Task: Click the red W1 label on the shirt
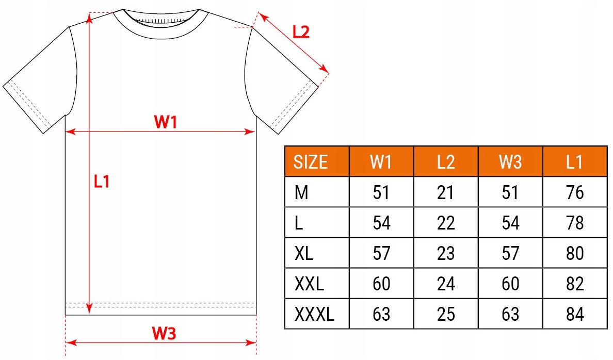166,122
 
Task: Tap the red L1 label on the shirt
102,182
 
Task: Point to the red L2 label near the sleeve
301,32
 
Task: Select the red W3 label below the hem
164,334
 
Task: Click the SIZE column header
311,162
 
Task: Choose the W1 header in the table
381,162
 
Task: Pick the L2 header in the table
445,162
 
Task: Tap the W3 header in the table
510,162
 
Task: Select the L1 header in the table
574,162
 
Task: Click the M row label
301,193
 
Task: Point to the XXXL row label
314,314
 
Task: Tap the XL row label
304,253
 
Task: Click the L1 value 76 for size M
574,193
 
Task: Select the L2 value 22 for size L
445,223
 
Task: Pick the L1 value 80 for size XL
574,253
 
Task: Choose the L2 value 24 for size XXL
445,284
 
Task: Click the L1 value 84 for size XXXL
574,314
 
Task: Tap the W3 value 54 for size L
510,223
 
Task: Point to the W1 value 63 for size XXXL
381,314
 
